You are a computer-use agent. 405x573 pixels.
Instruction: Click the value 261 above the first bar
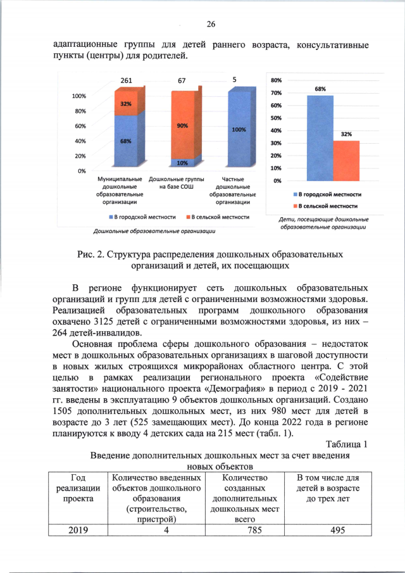pos(126,81)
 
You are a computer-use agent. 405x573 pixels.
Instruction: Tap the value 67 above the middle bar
pos(182,81)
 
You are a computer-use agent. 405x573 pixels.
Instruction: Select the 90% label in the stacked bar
pos(182,126)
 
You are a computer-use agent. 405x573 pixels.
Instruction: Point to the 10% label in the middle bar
pos(182,163)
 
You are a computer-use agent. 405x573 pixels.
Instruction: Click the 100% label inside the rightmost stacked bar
pos(239,130)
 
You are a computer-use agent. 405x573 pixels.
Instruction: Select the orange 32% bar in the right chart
pos(346,160)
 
